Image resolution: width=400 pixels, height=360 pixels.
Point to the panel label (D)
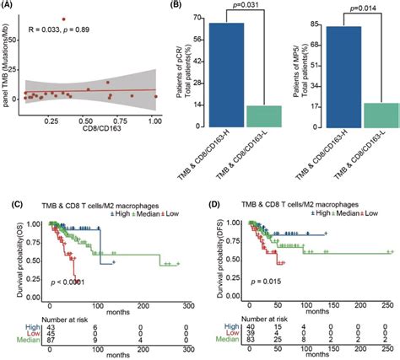click(214, 205)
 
